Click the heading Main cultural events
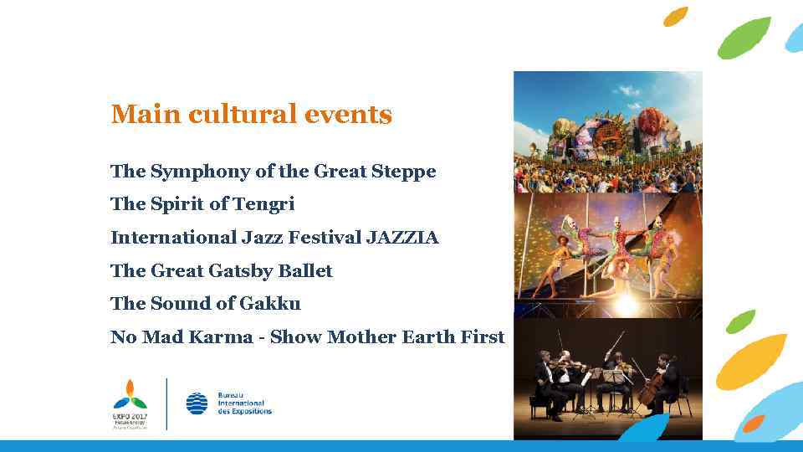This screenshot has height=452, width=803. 251,115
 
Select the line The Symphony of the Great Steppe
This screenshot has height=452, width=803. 273,172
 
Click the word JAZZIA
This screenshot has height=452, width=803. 401,238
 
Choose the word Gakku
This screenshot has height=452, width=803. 270,304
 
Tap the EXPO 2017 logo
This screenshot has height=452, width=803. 130,403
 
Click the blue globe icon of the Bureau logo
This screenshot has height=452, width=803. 197,403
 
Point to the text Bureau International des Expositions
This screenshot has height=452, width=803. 244,403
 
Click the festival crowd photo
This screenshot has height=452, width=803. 607,131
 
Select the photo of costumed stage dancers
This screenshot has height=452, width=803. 607,255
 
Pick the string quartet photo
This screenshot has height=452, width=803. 607,378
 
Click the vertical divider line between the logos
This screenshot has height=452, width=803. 167,403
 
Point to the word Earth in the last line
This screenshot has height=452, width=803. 428,337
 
